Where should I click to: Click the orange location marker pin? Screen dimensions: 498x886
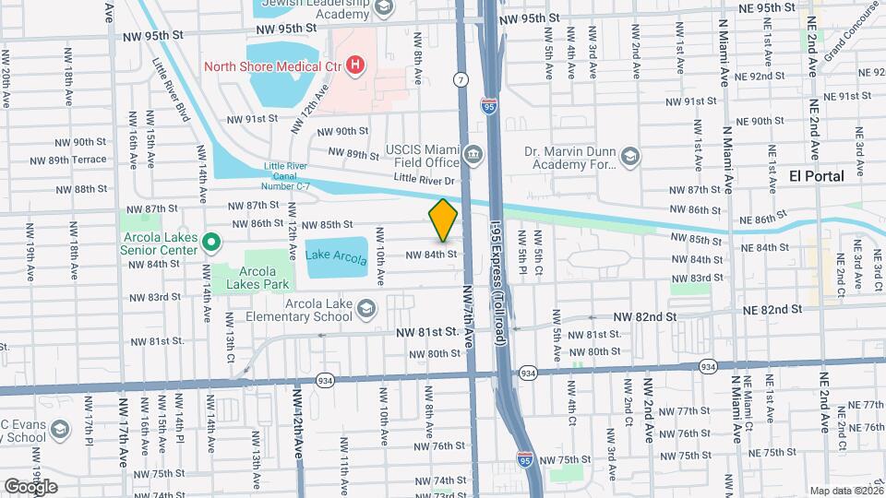443,220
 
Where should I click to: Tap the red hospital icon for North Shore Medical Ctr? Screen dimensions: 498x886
354,65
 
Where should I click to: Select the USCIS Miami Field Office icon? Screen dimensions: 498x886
474,152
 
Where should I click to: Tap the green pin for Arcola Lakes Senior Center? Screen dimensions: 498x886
210,243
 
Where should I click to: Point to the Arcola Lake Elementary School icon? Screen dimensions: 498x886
367,307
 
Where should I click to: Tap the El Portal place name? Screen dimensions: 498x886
817,176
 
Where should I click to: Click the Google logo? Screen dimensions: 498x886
30,486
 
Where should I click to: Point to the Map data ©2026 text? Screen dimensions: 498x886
845,491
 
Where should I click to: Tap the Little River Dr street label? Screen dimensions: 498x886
425,179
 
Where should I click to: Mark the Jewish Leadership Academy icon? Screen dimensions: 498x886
384,7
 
